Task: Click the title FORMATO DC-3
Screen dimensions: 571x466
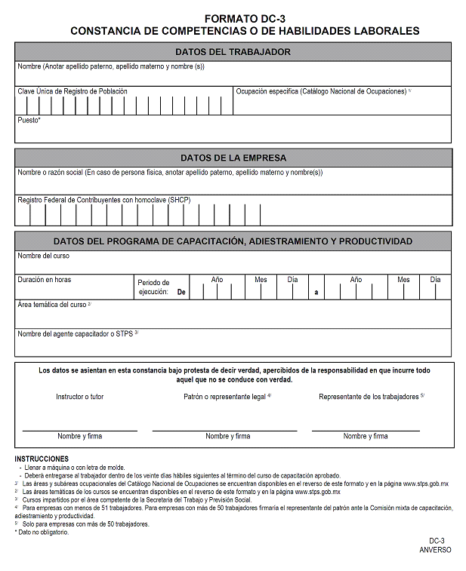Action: (245, 18)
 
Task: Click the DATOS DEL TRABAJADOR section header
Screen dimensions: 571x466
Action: (233, 52)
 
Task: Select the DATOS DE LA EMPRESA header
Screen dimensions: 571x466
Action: (233, 158)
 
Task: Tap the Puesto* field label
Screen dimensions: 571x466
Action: (29, 120)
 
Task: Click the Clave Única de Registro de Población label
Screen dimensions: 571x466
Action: (73, 91)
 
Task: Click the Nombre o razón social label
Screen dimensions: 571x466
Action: (170, 172)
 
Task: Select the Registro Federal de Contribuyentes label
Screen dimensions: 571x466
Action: (104, 200)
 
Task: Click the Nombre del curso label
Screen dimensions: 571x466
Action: (44, 256)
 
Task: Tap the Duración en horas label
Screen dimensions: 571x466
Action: (45, 280)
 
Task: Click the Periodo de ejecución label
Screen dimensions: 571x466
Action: (154, 287)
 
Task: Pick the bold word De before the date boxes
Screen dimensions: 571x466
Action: (181, 291)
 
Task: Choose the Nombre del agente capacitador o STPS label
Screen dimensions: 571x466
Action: (78, 333)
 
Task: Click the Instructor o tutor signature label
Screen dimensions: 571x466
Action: (80, 396)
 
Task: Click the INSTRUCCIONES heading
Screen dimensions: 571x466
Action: (42, 459)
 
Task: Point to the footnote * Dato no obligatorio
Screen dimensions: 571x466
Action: (42, 533)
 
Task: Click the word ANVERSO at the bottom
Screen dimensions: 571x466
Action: (435, 550)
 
